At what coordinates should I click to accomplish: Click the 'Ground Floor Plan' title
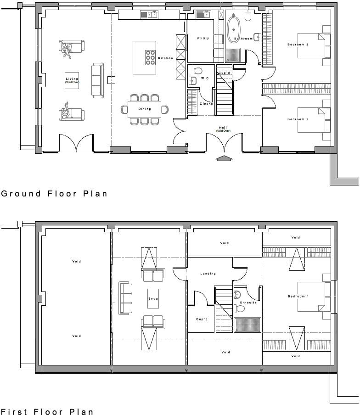coord(54,194)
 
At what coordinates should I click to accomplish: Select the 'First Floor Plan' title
coord(47,412)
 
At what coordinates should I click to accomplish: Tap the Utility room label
coord(202,38)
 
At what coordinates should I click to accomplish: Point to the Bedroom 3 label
coord(298,45)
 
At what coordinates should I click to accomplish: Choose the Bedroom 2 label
coord(298,119)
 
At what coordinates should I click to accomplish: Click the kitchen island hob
coord(150,57)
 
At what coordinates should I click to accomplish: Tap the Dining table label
coord(145,109)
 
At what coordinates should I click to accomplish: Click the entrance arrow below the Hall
coord(224,159)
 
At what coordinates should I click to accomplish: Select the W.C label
coord(205,79)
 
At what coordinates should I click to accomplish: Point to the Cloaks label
coord(206,104)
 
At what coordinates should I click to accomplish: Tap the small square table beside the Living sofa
coord(111,80)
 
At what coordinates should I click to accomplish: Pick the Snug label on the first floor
coord(153,299)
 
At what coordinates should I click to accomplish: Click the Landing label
coord(208,274)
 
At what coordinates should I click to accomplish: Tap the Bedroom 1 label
coord(298,297)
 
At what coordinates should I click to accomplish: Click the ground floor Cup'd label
coord(224,73)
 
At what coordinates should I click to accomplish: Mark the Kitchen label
coord(166,58)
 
